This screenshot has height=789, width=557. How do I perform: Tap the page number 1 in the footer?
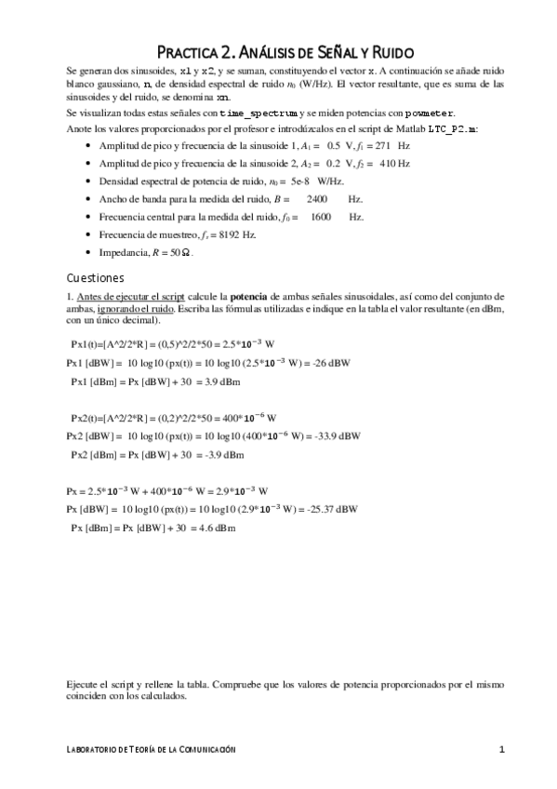tap(501, 750)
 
